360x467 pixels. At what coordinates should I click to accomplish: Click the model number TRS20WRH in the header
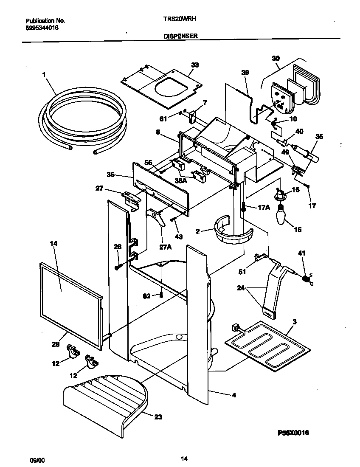point(179,19)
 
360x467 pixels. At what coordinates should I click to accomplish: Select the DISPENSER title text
point(180,36)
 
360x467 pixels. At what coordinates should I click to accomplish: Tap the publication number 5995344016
point(42,27)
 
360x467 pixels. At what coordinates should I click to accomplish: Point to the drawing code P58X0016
point(293,433)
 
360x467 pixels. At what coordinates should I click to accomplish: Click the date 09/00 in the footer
point(36,459)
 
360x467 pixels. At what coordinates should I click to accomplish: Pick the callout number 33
point(195,65)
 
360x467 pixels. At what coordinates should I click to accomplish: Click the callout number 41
point(302,253)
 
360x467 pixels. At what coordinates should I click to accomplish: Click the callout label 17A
point(263,208)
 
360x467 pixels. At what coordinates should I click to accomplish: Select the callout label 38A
point(181,180)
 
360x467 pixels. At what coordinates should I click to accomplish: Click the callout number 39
point(246,73)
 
